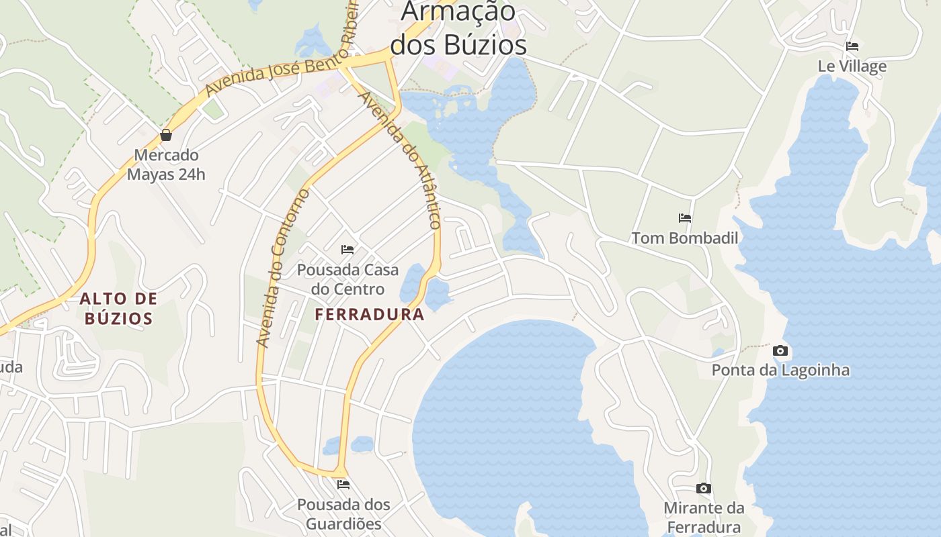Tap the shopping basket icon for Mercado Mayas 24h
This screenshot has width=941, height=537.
tap(166, 135)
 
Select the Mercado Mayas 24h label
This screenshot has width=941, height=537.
tap(166, 165)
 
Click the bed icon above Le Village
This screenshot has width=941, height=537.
tap(852, 46)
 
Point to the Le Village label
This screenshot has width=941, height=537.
tap(852, 66)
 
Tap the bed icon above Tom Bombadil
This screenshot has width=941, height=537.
tap(685, 218)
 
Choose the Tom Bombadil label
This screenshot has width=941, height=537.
tap(684, 238)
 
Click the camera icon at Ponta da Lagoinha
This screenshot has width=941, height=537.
tap(780, 350)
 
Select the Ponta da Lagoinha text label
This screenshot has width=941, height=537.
tap(780, 371)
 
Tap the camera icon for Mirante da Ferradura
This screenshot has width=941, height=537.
tap(703, 488)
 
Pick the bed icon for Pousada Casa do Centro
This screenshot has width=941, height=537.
tap(347, 250)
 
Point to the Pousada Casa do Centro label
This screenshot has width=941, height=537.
tap(347, 279)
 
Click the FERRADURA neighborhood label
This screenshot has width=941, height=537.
tap(370, 314)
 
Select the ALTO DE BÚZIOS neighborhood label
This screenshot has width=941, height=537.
tap(119, 308)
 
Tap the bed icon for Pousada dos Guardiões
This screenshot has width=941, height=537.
tap(343, 484)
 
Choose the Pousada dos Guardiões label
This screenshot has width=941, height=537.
tap(343, 514)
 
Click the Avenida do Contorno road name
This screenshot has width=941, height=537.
tap(283, 268)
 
